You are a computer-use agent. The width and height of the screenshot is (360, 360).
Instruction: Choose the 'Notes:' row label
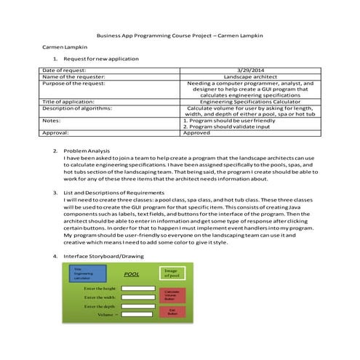pyautogui.click(x=51, y=120)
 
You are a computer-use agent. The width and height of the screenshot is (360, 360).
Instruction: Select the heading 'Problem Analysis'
pyautogui.click(x=87, y=151)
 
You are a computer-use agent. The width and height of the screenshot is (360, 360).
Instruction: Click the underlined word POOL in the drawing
pyautogui.click(x=131, y=275)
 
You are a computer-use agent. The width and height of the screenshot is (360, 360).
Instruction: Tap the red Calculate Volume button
pyautogui.click(x=172, y=296)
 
